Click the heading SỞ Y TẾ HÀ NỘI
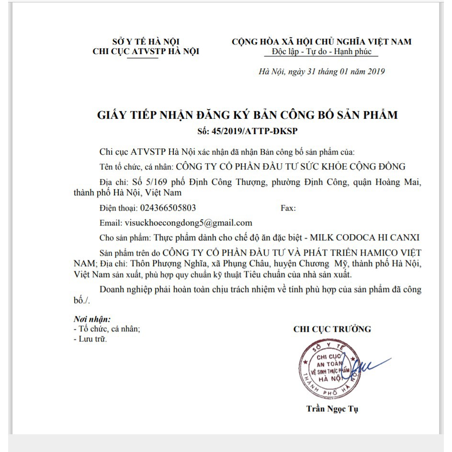tap(146, 42)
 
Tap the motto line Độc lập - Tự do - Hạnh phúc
tap(321, 52)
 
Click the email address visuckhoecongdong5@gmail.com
tap(188, 223)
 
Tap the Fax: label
tap(288, 208)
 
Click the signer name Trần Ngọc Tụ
tap(332, 408)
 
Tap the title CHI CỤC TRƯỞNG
tap(332, 329)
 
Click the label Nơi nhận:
tap(92, 319)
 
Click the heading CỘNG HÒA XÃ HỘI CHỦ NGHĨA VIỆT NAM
tap(321, 42)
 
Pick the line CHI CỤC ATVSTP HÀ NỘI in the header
tap(146, 52)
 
